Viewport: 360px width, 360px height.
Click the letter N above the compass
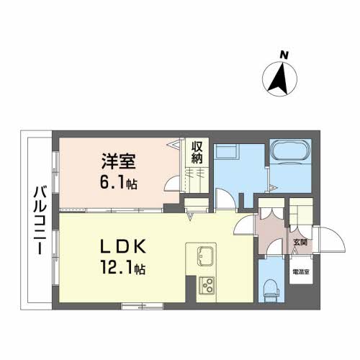click(x=284, y=55)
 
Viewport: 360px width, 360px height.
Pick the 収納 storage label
click(x=197, y=151)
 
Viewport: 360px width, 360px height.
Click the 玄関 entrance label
click(x=299, y=243)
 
